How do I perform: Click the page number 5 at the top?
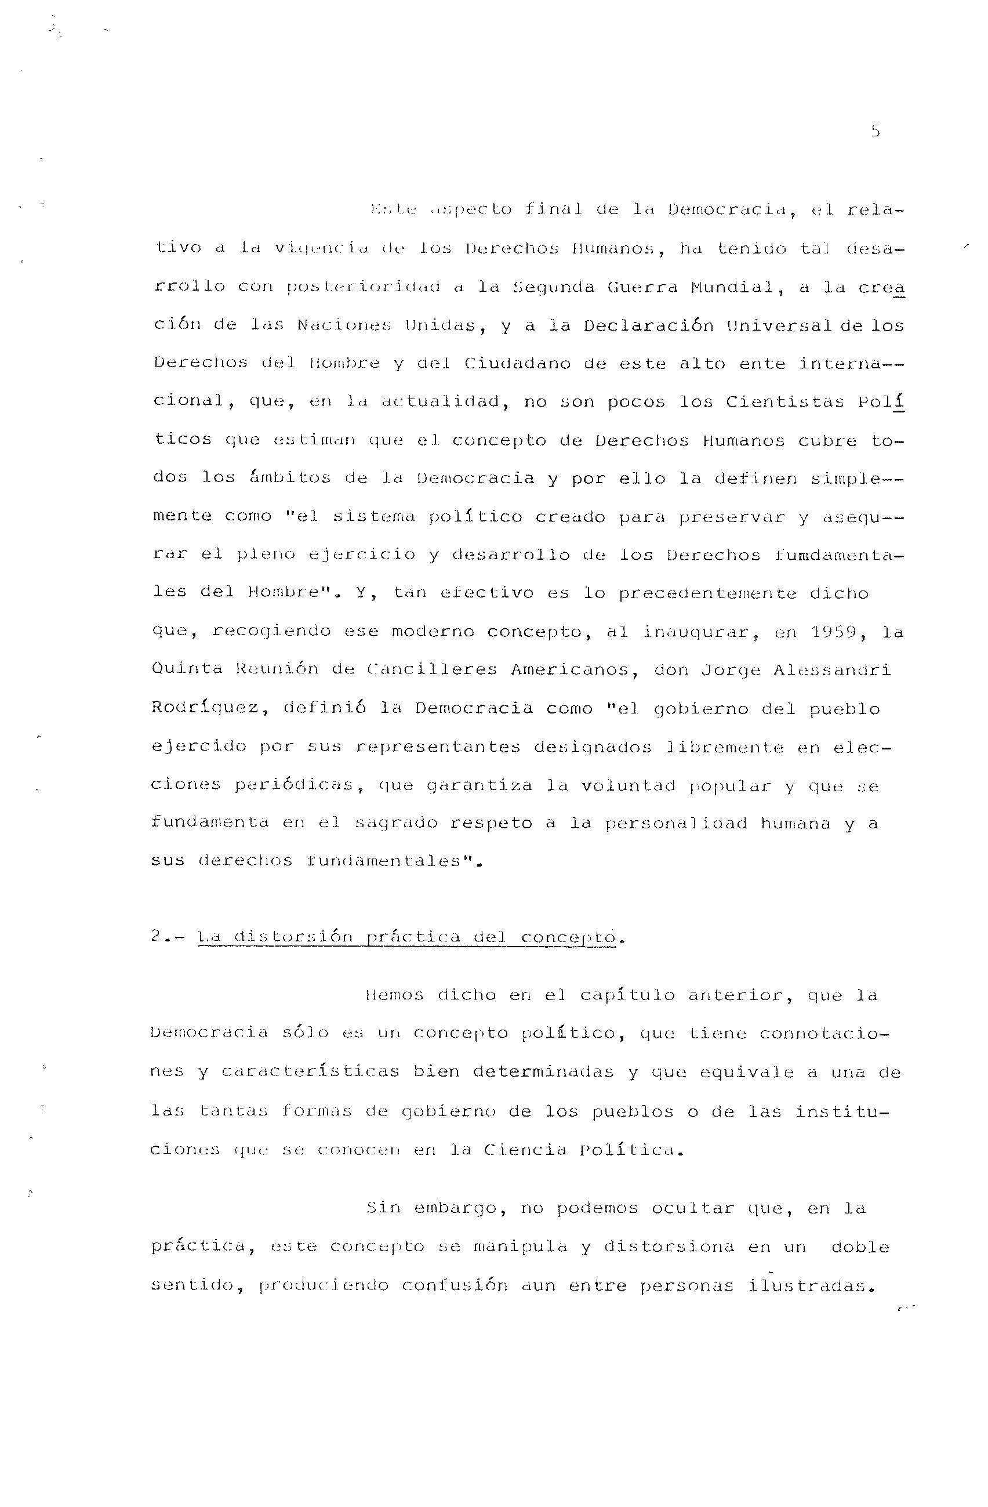(x=876, y=132)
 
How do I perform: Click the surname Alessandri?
(x=831, y=670)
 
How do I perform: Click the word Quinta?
(x=187, y=669)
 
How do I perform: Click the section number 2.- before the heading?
(x=167, y=936)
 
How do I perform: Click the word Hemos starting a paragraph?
(x=394, y=995)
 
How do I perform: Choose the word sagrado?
(x=392, y=823)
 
